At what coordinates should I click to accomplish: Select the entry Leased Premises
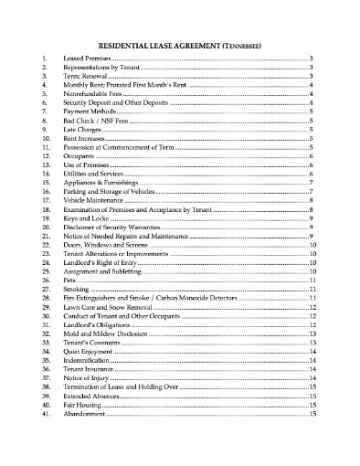pos(86,58)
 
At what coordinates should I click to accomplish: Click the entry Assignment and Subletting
pos(101,271)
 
